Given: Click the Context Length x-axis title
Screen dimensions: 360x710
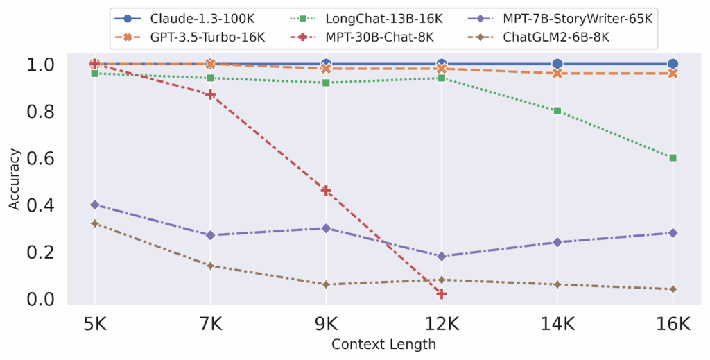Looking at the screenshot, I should (383, 344).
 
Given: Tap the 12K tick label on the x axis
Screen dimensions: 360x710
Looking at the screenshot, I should (442, 324).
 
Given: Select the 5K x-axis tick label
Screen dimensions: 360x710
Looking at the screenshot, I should (95, 324).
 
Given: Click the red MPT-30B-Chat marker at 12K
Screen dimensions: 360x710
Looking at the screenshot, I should (442, 294).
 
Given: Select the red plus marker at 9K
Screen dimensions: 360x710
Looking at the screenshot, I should (326, 191).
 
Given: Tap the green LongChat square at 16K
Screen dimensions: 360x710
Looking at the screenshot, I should (673, 157).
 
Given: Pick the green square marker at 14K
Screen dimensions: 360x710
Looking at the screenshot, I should (557, 111).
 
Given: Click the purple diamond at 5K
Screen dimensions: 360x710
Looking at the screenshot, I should (95, 205).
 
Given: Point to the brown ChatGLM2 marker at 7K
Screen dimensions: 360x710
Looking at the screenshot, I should (210, 266).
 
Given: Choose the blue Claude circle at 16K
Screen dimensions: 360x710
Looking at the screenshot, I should (673, 64).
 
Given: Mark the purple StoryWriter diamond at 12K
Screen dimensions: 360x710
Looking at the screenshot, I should (442, 256).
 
